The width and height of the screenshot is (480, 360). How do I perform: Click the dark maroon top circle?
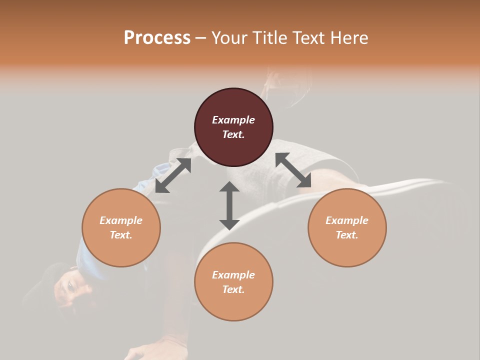click(233, 127)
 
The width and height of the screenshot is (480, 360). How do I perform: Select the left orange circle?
click(121, 227)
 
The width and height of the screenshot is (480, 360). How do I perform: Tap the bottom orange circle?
click(233, 281)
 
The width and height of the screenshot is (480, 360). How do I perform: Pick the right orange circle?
click(347, 227)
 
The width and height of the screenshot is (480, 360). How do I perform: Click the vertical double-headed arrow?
click(229, 205)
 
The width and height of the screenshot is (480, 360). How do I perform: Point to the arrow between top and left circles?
click(173, 175)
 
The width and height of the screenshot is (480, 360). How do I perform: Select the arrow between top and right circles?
click(293, 170)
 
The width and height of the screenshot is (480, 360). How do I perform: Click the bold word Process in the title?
click(157, 37)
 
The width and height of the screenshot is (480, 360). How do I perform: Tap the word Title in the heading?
click(269, 37)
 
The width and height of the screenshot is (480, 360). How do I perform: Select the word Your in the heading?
click(229, 37)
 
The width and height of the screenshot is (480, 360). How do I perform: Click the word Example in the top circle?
click(233, 120)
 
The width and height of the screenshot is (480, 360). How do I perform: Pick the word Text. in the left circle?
click(121, 235)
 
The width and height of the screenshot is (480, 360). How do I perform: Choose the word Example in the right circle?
click(347, 220)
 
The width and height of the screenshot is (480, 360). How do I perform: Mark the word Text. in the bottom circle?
click(233, 289)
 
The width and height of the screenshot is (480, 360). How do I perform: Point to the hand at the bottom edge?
click(150, 350)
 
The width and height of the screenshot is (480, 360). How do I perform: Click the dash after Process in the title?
click(201, 38)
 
